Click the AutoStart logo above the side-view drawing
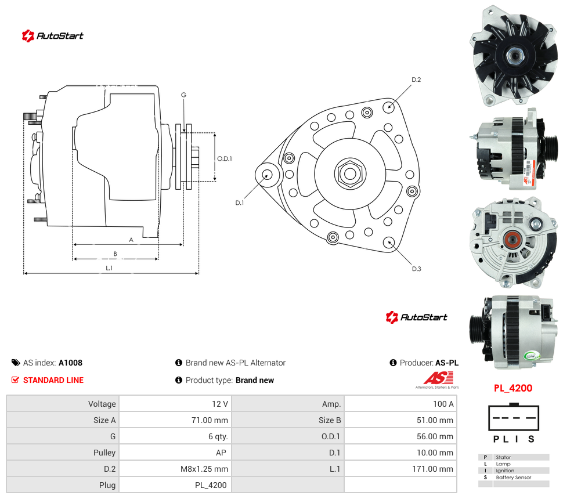point(52,36)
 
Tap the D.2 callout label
point(416,79)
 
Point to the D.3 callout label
point(416,269)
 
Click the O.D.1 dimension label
point(225,158)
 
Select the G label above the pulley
point(183,95)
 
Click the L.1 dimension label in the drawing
point(109,268)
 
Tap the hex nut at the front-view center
point(350,173)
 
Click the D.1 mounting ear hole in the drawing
point(266,175)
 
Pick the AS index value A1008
point(70,363)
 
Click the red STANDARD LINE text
point(53,380)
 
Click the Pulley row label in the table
point(104,453)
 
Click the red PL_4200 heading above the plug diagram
point(513,388)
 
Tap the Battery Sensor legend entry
point(514,477)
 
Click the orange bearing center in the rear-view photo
point(512,240)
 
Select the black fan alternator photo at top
point(514,56)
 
